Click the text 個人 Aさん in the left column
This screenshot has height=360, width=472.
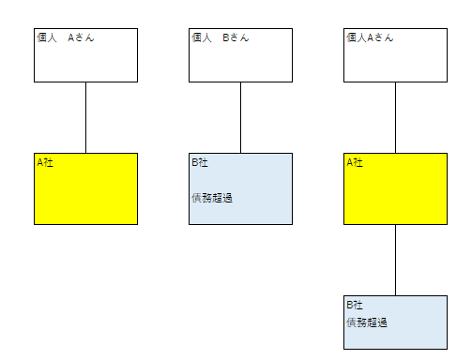(66, 38)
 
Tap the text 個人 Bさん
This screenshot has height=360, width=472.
(221, 38)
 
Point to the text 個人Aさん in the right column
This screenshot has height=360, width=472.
(370, 38)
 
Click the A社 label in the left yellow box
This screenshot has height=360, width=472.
(45, 162)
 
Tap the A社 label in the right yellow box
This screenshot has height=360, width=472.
(355, 162)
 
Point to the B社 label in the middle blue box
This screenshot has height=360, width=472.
(200, 162)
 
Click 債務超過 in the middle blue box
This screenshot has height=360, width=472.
(211, 197)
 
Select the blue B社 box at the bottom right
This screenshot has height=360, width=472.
(395, 333)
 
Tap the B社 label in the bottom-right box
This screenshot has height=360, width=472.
(355, 306)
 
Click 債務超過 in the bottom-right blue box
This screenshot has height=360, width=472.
(367, 322)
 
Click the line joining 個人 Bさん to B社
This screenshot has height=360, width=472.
(240, 117)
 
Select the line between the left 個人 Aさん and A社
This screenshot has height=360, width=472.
(86, 117)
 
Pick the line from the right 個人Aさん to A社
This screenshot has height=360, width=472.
(395, 117)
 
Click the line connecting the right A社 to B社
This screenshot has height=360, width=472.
(395, 261)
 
